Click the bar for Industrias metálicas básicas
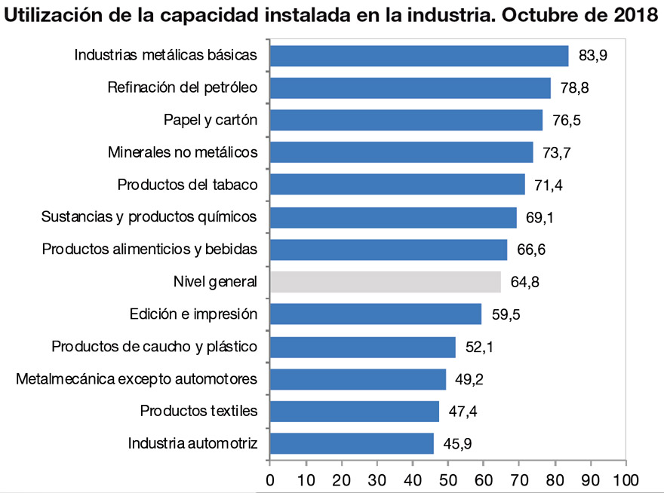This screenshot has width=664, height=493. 419,56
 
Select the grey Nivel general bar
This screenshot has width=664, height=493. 385,282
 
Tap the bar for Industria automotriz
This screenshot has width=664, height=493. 352,443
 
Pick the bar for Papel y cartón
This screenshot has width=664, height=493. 406,120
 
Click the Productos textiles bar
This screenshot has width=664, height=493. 354,412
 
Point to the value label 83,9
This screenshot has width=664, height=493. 592,56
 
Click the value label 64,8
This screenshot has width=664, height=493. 524,283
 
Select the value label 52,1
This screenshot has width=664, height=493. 479,348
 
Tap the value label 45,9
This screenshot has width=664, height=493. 457,444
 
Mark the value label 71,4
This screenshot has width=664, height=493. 549,185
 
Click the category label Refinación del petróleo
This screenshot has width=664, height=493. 183,87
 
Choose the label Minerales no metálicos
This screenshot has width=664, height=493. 183,152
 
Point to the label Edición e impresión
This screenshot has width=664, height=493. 193,314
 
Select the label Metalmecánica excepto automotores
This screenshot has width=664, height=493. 137,378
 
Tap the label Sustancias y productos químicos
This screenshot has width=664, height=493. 149,217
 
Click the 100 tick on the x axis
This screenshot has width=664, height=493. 626,479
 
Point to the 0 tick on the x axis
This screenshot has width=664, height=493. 270,479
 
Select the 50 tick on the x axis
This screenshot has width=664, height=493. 447,479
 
